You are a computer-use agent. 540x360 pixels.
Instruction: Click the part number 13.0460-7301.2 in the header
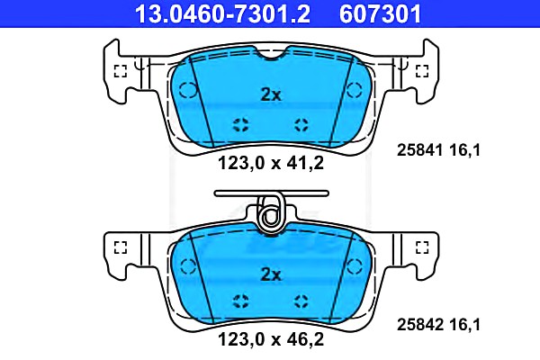[x=222, y=13]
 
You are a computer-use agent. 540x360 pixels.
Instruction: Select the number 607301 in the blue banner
[x=380, y=13]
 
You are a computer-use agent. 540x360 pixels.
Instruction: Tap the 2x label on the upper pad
[x=271, y=94]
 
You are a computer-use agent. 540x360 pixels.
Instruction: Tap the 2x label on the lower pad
[x=271, y=274]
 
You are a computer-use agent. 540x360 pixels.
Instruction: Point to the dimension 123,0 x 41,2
[x=271, y=163]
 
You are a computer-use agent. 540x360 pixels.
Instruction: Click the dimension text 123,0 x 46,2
[x=271, y=339]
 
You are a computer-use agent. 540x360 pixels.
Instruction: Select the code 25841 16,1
[x=438, y=150]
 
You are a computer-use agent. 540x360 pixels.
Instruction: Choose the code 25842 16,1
[x=438, y=325]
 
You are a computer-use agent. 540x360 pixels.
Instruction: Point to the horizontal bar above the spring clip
[x=272, y=193]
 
